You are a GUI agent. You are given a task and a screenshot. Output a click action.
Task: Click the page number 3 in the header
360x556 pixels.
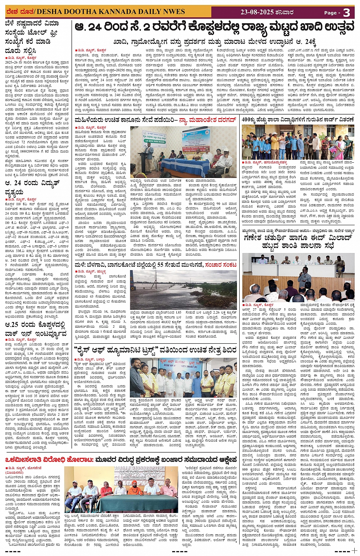[x=346, y=12]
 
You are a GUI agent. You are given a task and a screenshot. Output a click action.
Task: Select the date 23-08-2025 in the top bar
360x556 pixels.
[x=257, y=12]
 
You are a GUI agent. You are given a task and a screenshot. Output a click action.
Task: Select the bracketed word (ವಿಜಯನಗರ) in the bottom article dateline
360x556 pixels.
[x=14, y=473]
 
